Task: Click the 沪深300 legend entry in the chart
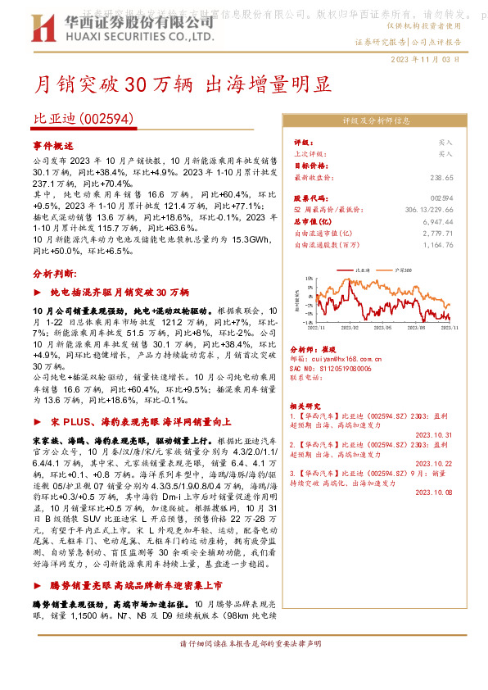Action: (403, 270)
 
